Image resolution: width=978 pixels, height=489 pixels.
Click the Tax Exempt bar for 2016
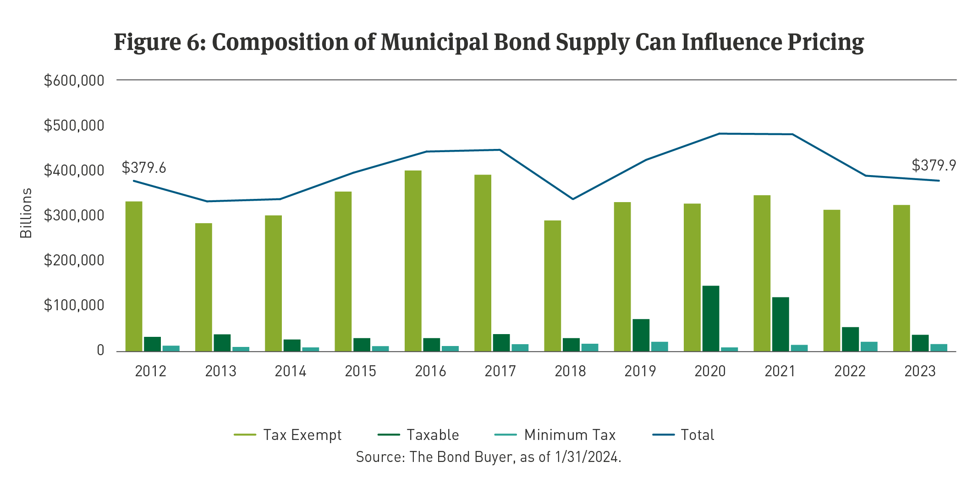[x=413, y=261]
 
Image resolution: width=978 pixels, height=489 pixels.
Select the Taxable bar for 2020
[x=710, y=319]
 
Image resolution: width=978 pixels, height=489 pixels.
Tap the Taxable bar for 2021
[x=780, y=324]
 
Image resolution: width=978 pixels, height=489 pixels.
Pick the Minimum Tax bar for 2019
[x=659, y=346]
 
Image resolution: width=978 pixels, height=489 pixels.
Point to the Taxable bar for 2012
[x=152, y=344]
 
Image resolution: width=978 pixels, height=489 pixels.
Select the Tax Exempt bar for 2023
[x=901, y=278]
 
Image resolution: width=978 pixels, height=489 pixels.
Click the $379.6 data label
[x=144, y=168]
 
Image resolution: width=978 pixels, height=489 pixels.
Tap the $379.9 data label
[x=934, y=165]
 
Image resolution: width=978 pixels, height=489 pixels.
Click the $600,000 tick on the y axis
[x=74, y=81]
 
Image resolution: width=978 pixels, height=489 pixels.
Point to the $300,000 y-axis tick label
[x=74, y=215]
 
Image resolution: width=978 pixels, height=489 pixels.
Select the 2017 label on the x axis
[x=500, y=371]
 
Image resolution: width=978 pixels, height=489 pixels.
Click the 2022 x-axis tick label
[x=850, y=371]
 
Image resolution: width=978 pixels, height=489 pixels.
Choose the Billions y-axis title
[x=26, y=213]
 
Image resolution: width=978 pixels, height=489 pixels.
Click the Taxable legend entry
[x=433, y=435]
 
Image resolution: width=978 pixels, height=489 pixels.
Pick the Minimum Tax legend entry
[x=570, y=435]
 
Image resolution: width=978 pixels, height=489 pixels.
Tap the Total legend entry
[x=697, y=435]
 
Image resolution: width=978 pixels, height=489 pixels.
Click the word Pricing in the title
[x=825, y=42]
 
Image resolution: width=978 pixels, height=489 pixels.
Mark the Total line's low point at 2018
[x=572, y=199]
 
